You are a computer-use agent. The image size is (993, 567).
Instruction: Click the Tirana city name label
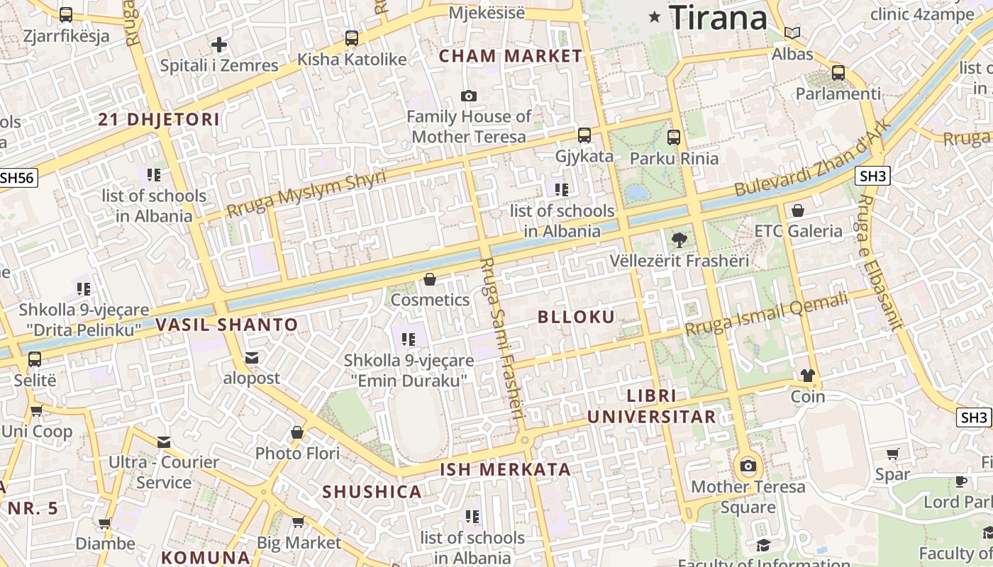point(718,17)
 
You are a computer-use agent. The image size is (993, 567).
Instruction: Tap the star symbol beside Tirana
point(655,16)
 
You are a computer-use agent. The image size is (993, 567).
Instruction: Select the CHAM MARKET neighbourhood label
point(511,56)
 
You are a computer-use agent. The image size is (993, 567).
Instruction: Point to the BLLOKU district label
point(576,317)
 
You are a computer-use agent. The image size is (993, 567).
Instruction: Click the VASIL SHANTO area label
point(227,325)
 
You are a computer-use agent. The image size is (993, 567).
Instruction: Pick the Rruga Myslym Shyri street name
point(306,193)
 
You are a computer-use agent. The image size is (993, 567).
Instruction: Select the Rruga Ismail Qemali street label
point(766,315)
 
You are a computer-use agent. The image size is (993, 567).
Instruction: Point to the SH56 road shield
point(17,177)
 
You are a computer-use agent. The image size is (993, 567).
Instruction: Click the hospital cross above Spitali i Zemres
point(219,45)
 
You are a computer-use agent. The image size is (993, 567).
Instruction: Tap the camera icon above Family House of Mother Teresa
point(469,96)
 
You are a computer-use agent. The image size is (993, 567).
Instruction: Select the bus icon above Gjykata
point(584,135)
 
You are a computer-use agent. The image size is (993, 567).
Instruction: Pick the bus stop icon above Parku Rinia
point(674,137)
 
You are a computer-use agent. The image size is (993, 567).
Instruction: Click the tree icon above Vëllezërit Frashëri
point(679,240)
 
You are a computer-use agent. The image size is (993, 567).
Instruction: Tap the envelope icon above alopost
point(252,358)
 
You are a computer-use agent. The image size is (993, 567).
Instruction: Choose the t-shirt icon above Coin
point(808,376)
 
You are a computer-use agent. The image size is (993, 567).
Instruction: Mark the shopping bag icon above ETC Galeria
point(798,210)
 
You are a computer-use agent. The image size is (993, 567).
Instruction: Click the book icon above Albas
point(792,33)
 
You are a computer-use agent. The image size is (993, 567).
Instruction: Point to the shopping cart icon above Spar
point(892,454)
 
